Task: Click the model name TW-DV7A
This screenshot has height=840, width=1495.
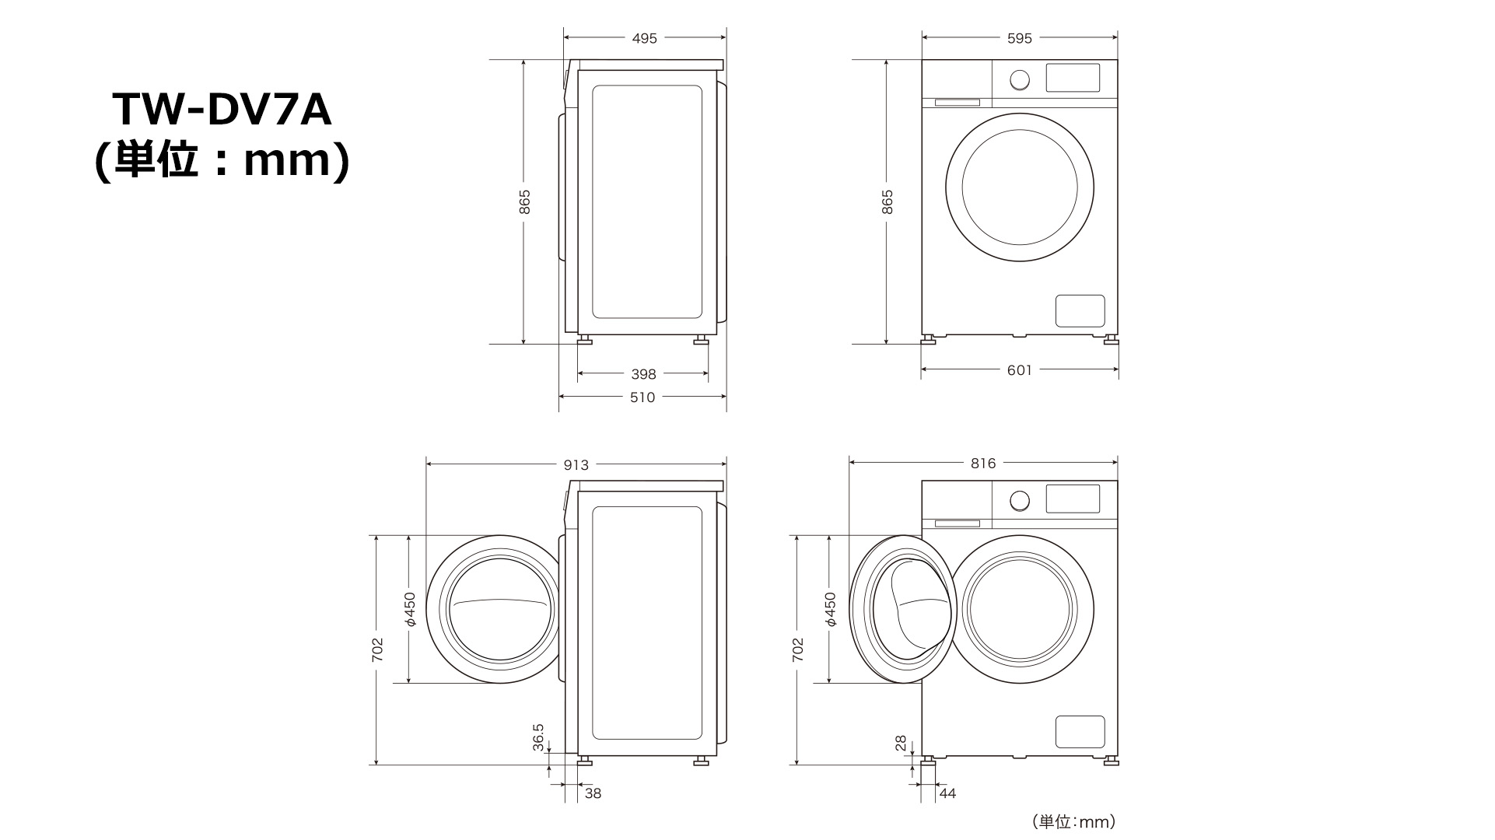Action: pos(222,109)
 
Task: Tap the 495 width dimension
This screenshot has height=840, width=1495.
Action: pos(644,38)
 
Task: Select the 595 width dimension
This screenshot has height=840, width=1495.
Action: pos(1019,38)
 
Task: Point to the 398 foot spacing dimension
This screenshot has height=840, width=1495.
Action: pos(643,374)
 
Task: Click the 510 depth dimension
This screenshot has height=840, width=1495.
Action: pos(642,397)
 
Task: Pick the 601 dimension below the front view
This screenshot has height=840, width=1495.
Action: pos(1019,370)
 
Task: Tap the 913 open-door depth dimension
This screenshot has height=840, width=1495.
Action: pos(576,465)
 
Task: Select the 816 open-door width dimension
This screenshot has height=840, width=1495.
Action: pos(983,464)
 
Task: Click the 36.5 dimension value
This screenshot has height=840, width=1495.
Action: pos(538,737)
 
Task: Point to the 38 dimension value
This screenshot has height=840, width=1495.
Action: pos(593,793)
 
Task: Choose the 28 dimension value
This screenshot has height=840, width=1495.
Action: pos(901,744)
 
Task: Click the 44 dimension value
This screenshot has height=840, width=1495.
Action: pos(947,793)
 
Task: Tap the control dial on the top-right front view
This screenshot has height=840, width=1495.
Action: pos(1019,79)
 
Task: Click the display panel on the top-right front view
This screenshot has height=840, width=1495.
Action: pos(1073,78)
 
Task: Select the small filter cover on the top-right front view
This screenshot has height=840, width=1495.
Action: pos(1080,310)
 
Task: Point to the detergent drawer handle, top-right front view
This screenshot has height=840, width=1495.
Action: pos(957,102)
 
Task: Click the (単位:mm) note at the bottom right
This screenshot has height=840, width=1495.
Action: pos(1074,821)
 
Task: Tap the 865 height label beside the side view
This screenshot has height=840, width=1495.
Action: pos(525,202)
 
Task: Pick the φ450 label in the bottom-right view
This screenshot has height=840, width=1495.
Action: pos(830,610)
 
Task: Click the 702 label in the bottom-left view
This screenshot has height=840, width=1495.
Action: pos(377,650)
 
